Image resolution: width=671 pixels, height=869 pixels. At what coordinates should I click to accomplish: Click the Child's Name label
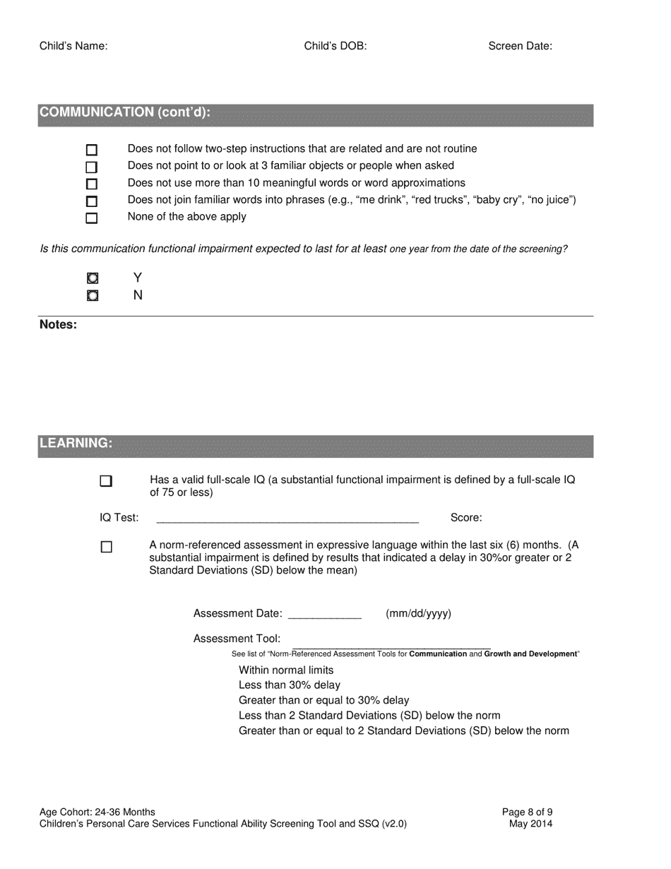point(73,47)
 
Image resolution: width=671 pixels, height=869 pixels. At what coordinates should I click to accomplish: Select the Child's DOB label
point(335,47)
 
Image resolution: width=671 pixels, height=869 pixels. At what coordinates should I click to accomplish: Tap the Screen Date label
point(520,47)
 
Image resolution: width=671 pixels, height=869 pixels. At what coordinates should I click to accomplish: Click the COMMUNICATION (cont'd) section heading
point(125,112)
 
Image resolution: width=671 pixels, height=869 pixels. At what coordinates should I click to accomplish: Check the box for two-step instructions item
point(91,150)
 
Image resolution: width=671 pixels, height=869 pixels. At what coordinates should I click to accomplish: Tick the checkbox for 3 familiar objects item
point(91,167)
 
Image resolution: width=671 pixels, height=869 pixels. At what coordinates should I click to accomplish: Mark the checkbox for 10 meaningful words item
point(91,184)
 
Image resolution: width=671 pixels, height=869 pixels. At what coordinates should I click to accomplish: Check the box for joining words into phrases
point(91,201)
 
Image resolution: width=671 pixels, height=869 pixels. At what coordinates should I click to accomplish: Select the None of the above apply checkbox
point(91,218)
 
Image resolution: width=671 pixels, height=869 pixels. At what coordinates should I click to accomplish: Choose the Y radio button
point(93,278)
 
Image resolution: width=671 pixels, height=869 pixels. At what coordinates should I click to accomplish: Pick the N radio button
point(93,295)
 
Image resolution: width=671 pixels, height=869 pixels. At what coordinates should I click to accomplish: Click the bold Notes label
point(58,325)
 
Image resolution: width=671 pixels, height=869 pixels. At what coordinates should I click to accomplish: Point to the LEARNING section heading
point(76,443)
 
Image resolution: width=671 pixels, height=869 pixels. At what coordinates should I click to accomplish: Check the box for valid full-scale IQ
point(106,481)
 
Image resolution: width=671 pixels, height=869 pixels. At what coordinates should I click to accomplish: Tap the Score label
point(466,518)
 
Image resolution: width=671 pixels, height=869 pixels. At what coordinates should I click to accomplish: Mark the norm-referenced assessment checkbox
point(106,547)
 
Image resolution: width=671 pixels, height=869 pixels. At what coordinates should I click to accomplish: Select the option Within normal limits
point(286,670)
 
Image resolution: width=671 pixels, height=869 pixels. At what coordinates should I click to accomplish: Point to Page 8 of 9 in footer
point(527,812)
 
